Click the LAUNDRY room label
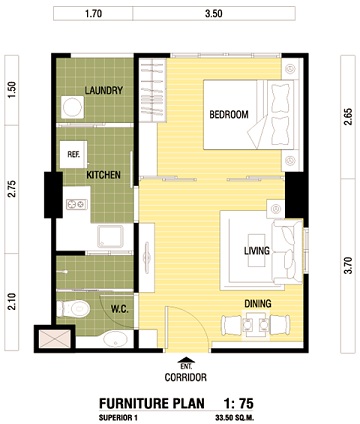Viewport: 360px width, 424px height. [104, 90]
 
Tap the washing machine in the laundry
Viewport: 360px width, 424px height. [72, 107]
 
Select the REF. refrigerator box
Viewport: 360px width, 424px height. [73, 155]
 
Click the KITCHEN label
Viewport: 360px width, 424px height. [103, 175]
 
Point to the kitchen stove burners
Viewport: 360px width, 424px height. [77, 204]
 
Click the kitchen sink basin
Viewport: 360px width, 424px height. [110, 236]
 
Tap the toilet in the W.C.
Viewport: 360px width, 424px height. [74, 309]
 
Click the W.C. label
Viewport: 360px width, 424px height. [120, 309]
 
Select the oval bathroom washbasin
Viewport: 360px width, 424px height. [115, 339]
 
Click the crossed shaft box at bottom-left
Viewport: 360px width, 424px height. [55, 339]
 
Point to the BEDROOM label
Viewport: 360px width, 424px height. [229, 115]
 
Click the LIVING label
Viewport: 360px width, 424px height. [257, 250]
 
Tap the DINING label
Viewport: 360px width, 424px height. [258, 304]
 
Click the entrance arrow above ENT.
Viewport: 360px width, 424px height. [186, 360]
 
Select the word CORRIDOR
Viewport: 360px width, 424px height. [186, 377]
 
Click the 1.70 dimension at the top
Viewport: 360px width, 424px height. [93, 14]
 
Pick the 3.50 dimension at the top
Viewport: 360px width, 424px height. [214, 14]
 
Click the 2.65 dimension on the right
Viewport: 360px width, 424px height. [348, 117]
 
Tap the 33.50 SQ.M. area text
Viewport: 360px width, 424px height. [235, 417]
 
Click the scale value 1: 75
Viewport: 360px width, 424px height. [238, 403]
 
